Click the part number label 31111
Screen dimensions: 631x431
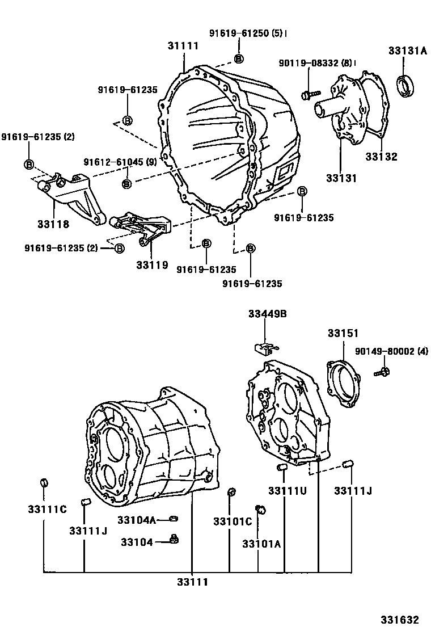(183, 46)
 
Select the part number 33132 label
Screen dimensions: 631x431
(381, 157)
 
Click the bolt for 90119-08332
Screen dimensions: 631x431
(310, 94)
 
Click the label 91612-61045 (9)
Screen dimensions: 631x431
(120, 162)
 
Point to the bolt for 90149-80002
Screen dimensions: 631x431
(383, 372)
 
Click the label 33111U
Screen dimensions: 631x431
(288, 490)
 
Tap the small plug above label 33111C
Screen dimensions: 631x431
(44, 483)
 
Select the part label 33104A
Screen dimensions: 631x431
(136, 520)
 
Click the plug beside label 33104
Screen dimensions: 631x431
(174, 538)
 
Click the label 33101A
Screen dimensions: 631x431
(261, 544)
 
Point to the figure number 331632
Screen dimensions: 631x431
(400, 620)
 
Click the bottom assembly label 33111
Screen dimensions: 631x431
(192, 582)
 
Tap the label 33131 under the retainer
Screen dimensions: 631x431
(341, 178)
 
